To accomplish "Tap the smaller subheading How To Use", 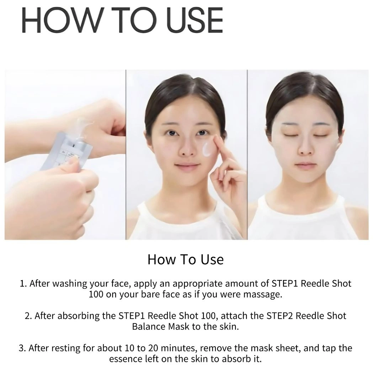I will (186, 259).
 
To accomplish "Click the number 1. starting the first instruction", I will (23, 284).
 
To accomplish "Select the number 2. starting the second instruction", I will (29, 316).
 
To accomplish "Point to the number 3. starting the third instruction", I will (23, 348).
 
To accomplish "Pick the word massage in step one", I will (262, 295).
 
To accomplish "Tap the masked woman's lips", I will (305, 166).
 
